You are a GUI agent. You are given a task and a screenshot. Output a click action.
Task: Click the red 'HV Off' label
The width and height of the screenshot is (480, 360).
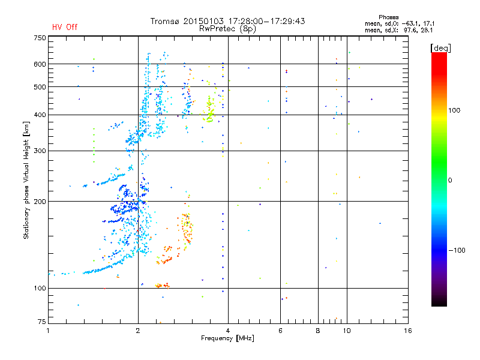65,27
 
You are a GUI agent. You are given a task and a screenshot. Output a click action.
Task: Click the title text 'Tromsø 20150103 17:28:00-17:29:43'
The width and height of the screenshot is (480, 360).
228,21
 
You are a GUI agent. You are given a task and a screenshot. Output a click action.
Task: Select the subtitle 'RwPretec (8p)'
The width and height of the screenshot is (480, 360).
227,29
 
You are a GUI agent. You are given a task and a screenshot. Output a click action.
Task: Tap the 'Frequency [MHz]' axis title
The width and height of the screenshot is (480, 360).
227,338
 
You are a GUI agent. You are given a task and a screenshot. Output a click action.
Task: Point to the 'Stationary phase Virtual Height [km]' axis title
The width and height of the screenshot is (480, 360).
26,181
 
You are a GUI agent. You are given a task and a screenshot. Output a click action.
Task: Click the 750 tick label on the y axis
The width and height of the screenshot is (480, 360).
40,38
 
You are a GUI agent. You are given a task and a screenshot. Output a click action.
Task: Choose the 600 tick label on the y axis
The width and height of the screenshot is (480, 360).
40,64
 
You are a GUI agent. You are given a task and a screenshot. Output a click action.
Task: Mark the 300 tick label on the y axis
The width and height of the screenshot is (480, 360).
40,151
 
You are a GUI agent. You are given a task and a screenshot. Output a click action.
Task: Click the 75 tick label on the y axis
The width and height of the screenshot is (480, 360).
42,322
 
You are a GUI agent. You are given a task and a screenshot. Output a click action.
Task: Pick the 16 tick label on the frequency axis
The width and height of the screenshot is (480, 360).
408,331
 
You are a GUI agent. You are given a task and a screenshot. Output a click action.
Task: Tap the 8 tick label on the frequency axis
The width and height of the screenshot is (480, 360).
318,331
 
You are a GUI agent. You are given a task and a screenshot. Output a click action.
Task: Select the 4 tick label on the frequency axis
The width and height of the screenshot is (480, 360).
228,331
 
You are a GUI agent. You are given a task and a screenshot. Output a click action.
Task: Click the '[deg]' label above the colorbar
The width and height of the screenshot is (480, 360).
440,48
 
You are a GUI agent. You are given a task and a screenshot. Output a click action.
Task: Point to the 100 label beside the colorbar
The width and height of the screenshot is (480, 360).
454,110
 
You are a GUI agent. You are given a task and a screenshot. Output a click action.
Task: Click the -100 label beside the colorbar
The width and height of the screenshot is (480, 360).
457,250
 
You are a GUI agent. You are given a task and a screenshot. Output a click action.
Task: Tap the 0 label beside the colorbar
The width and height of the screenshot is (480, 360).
450,181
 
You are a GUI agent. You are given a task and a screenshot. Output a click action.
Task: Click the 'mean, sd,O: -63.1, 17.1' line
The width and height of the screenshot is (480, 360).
400,23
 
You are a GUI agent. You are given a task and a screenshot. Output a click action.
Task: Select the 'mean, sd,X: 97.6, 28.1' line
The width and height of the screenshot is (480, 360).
398,31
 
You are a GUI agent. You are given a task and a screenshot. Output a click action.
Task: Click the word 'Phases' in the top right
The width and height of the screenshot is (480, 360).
388,17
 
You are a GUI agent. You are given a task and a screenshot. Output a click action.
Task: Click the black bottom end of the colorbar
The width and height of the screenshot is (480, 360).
439,304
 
